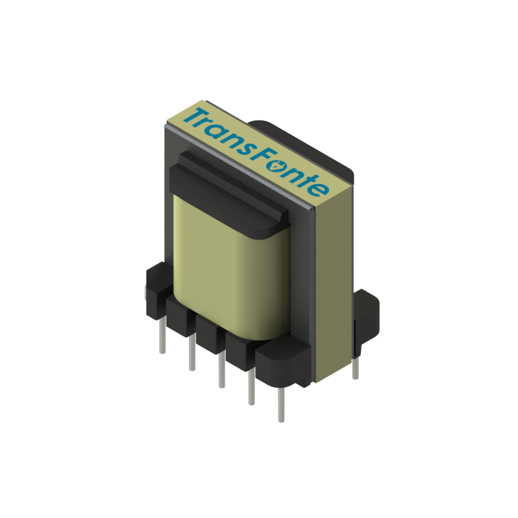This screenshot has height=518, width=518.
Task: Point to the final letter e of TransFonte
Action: coord(319,188)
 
